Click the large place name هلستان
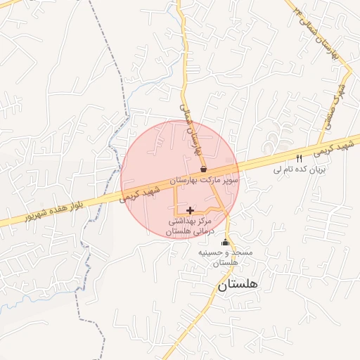238,285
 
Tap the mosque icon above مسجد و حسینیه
225,243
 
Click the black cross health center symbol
190,210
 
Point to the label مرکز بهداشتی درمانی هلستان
189,225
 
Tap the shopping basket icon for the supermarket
203,169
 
